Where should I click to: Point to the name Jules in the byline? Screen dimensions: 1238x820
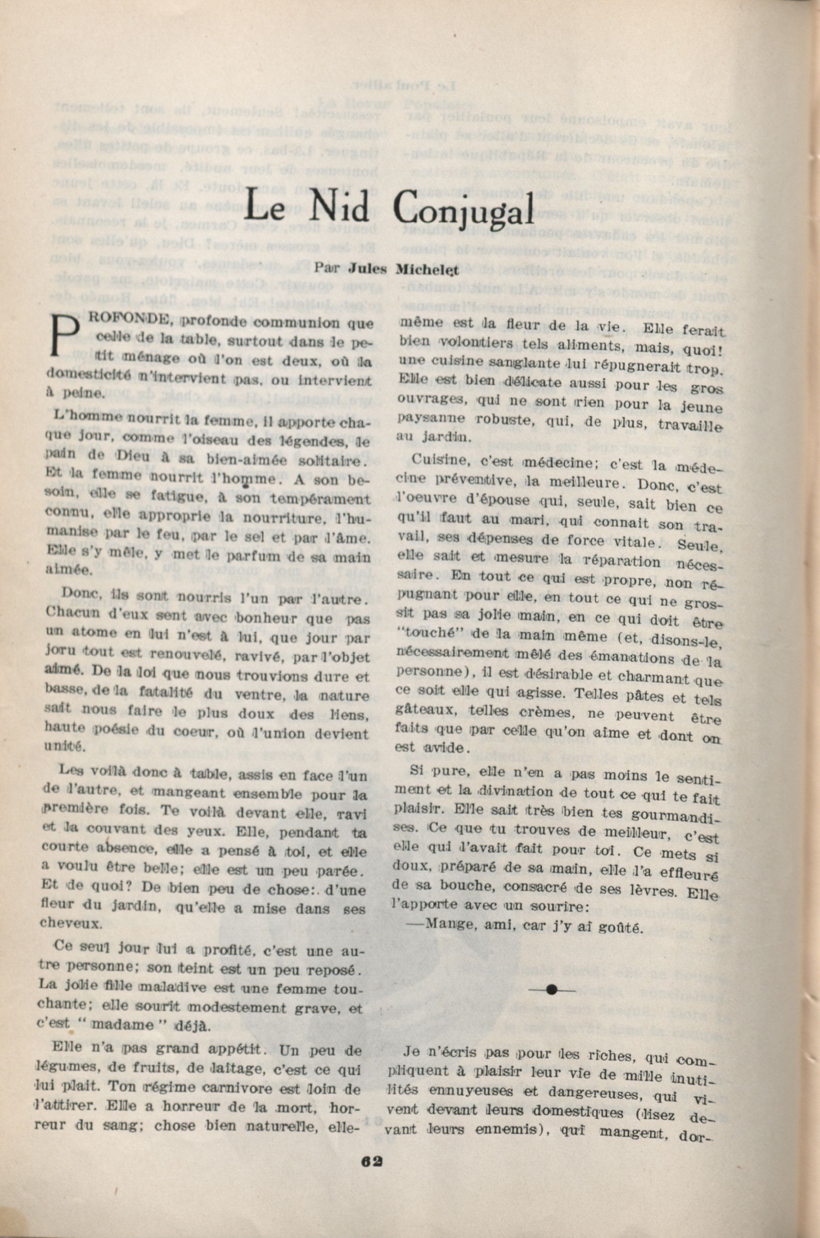click(x=368, y=269)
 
